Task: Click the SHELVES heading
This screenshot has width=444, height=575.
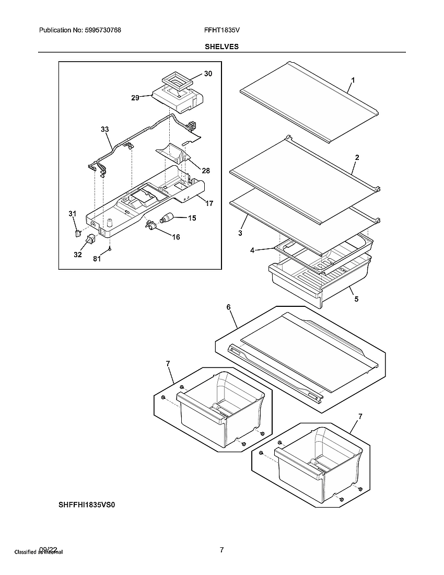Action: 221,47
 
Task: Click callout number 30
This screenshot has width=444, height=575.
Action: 208,74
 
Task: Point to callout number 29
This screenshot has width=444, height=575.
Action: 135,98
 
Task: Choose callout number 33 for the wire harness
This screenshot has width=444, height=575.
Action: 105,129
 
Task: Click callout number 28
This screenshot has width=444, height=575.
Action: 206,171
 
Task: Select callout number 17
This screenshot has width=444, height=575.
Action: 208,203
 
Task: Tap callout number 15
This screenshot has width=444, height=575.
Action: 192,218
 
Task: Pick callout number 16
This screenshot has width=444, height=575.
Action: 176,237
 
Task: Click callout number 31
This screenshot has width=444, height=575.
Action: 73,213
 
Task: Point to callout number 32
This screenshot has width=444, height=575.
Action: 77,255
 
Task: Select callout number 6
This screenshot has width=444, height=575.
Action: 229,307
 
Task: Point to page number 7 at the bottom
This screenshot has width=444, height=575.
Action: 221,550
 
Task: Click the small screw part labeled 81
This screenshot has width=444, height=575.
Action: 110,250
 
